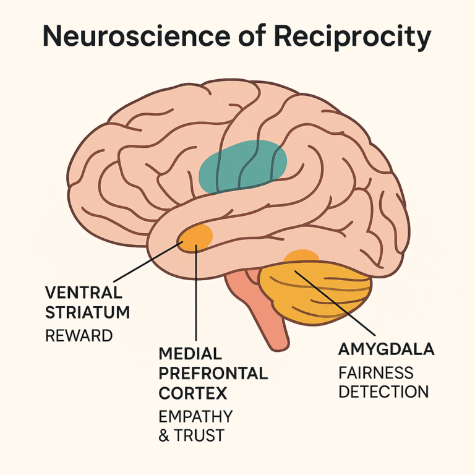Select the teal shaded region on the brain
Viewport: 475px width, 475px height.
click(x=242, y=165)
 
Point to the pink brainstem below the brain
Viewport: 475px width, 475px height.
click(x=260, y=309)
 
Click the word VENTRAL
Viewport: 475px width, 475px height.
click(x=83, y=293)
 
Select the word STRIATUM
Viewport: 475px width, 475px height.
click(x=87, y=313)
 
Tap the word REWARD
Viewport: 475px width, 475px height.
click(x=79, y=336)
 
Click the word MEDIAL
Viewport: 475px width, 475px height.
click(x=190, y=354)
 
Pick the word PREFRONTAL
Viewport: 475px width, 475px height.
click(x=213, y=374)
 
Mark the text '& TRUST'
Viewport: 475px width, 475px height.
click(x=191, y=436)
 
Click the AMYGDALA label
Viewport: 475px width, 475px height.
click(x=386, y=349)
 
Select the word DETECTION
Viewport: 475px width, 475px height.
click(x=383, y=392)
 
